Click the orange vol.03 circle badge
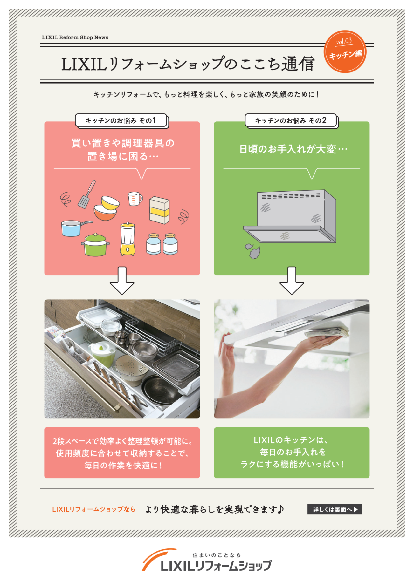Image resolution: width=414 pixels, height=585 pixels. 345,51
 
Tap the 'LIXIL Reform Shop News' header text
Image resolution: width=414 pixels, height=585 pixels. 75,37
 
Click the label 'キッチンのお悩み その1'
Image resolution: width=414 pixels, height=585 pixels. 121,120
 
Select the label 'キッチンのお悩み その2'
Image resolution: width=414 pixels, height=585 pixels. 291,120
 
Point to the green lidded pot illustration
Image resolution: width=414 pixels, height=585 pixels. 95,245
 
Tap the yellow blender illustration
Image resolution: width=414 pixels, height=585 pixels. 128,239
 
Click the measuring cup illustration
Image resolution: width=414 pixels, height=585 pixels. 134,199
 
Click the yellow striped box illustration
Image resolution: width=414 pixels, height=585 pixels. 159,210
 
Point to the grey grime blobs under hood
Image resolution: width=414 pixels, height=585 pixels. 253,251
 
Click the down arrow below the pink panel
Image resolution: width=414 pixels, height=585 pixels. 122,281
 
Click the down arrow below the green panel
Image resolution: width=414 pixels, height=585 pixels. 292,281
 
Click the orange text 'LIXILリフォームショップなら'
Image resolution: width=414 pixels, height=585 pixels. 94,509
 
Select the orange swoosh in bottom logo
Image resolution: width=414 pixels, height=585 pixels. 156,558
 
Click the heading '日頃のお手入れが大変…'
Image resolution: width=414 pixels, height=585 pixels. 293,149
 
